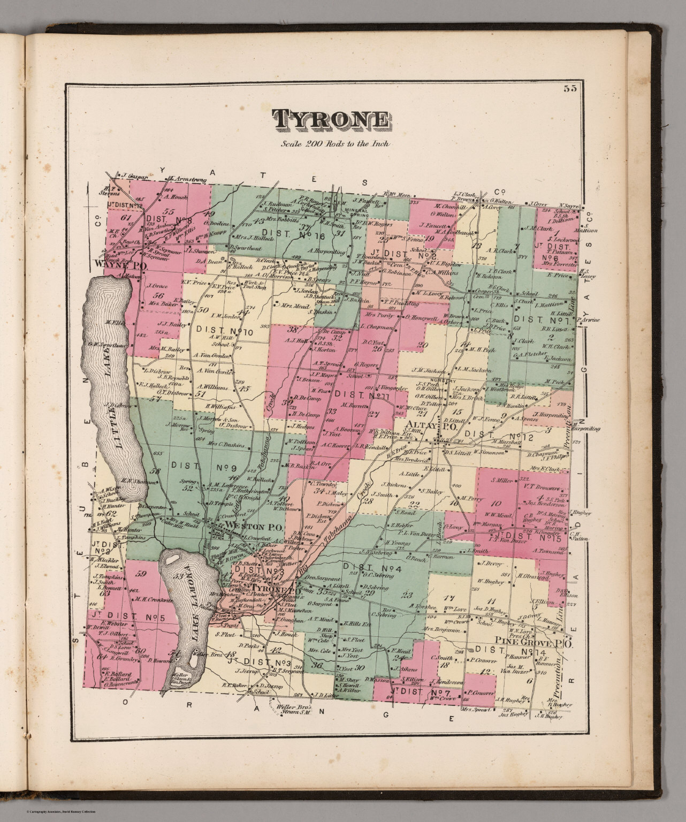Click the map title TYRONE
[331, 120]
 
